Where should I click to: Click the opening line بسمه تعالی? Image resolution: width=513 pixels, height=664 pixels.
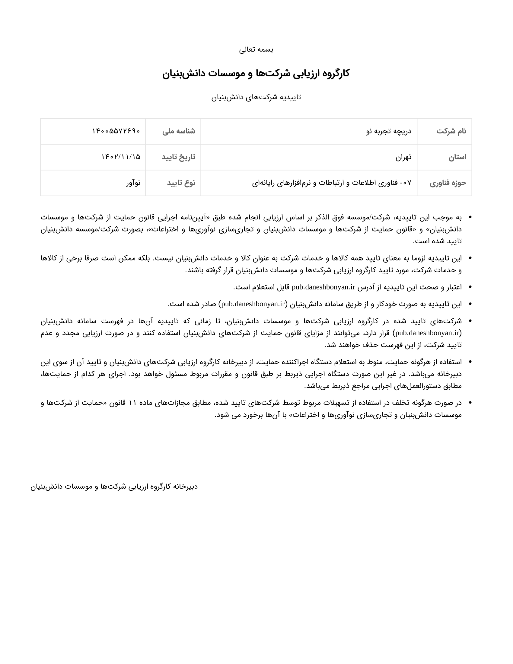pyautogui.click(x=256, y=49)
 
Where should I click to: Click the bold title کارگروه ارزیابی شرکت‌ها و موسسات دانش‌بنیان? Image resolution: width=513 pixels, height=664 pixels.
pyautogui.click(x=256, y=73)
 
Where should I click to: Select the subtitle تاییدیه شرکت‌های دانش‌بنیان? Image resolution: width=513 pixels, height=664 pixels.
pyautogui.click(x=256, y=97)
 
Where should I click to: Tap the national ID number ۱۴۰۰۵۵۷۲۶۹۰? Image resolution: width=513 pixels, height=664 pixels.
pyautogui.click(x=116, y=131)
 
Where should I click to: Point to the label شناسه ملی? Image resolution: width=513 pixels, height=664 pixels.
pyautogui.click(x=179, y=131)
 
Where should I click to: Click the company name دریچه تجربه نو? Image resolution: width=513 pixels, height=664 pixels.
pyautogui.click(x=389, y=131)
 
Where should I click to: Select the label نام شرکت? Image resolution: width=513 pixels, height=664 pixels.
pyautogui.click(x=451, y=131)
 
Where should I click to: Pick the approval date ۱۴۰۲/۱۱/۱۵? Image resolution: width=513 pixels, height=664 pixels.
pyautogui.click(x=121, y=157)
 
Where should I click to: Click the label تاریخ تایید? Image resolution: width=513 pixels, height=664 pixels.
pyautogui.click(x=178, y=157)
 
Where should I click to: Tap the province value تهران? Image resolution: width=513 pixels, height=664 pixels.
pyautogui.click(x=403, y=157)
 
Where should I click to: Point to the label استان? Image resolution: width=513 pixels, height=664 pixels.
pyautogui.click(x=457, y=157)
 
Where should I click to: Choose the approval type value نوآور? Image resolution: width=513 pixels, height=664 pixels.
pyautogui.click(x=133, y=183)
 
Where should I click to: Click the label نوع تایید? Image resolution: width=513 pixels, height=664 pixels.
pyautogui.click(x=181, y=183)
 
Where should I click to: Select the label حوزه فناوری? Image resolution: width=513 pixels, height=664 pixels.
pyautogui.click(x=448, y=183)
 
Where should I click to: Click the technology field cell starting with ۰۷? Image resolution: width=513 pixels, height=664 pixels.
pyautogui.click(x=332, y=183)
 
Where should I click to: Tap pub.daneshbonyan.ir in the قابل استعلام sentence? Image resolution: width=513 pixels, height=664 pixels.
pyautogui.click(x=323, y=287)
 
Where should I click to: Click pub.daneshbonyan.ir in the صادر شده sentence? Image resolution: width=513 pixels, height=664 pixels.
pyautogui.click(x=253, y=304)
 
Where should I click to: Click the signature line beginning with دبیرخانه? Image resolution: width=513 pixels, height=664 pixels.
pyautogui.click(x=114, y=487)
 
